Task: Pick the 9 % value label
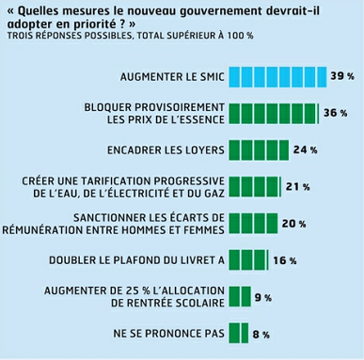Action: click(x=262, y=296)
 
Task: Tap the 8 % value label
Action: click(x=261, y=333)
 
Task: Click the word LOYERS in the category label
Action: click(x=198, y=149)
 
